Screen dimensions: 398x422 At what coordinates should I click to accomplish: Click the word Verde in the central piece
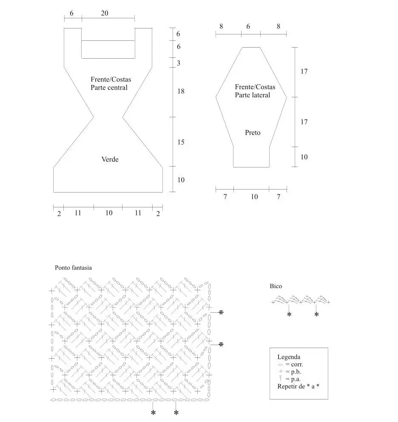point(110,159)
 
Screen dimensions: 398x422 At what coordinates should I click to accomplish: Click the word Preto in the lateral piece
point(253,133)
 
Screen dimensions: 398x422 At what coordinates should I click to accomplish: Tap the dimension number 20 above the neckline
point(105,13)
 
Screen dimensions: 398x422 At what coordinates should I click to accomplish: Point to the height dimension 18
point(181,91)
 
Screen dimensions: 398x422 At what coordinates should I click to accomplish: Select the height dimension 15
point(181,142)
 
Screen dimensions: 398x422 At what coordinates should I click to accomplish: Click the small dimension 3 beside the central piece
point(179,63)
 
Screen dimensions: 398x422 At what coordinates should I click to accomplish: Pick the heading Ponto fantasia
point(73,267)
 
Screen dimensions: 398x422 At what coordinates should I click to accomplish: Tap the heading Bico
point(276,286)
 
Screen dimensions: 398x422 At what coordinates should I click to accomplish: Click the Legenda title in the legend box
point(289,357)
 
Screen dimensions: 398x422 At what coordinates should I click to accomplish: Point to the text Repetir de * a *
point(298,386)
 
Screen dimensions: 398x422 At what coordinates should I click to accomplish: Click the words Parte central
point(109,88)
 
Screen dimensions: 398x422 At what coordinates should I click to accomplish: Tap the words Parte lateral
point(252,95)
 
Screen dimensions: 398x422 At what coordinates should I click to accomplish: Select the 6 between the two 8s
point(248,26)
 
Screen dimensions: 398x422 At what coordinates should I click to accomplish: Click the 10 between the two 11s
point(109,213)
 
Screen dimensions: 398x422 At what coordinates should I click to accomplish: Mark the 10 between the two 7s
point(254,197)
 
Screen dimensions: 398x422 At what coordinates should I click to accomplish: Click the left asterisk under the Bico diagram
point(289,314)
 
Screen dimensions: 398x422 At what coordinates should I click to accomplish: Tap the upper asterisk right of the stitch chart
point(221,312)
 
